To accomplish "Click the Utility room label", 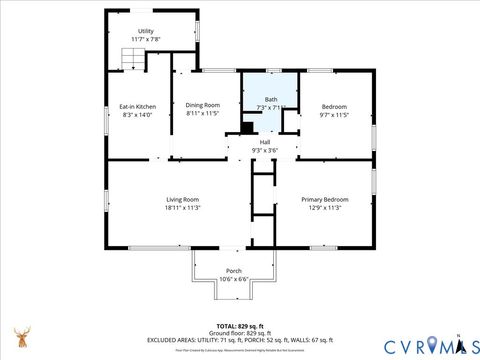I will pyautogui.click(x=146, y=31).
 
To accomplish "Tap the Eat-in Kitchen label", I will pyautogui.click(x=137, y=106).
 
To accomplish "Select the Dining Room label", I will pyautogui.click(x=202, y=106).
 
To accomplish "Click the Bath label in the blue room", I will pyautogui.click(x=271, y=99).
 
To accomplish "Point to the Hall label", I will pyautogui.click(x=265, y=142).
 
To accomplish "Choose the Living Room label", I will pyautogui.click(x=183, y=199).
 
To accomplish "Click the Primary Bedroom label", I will pyautogui.click(x=324, y=199).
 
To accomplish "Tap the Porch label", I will pyautogui.click(x=233, y=271).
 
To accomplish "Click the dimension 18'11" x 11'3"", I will pyautogui.click(x=183, y=207).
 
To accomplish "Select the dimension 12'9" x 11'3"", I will pyautogui.click(x=324, y=207).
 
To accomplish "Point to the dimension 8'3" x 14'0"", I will pyautogui.click(x=137, y=114).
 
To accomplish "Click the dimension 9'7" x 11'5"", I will pyautogui.click(x=334, y=114).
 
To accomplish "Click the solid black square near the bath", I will pyautogui.click(x=247, y=127).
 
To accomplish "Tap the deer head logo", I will pyautogui.click(x=21, y=336).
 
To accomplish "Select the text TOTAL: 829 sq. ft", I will pyautogui.click(x=240, y=326).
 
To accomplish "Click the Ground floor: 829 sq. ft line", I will pyautogui.click(x=240, y=333).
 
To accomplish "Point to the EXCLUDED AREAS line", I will pyautogui.click(x=240, y=340).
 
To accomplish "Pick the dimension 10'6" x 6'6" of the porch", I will pyautogui.click(x=233, y=279).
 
